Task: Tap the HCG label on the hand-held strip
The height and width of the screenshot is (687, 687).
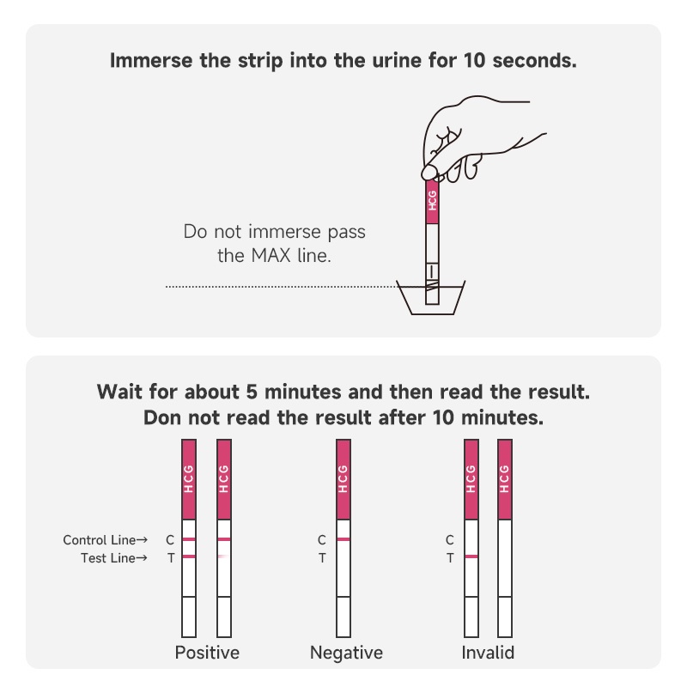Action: pyautogui.click(x=433, y=201)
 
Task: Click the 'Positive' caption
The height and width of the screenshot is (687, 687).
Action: pyautogui.click(x=207, y=653)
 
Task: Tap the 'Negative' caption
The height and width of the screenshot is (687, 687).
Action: pyautogui.click(x=346, y=653)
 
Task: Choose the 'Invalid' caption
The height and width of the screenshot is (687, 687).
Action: pyautogui.click(x=488, y=653)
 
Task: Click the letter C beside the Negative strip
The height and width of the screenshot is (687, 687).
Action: pyautogui.click(x=322, y=540)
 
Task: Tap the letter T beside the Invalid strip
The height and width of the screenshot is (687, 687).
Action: pyautogui.click(x=450, y=558)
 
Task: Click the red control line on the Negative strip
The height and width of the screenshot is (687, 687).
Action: pyautogui.click(x=343, y=539)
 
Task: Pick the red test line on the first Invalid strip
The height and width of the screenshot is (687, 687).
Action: pyautogui.click(x=471, y=557)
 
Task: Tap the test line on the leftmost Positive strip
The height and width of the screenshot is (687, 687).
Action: pyautogui.click(x=189, y=557)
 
